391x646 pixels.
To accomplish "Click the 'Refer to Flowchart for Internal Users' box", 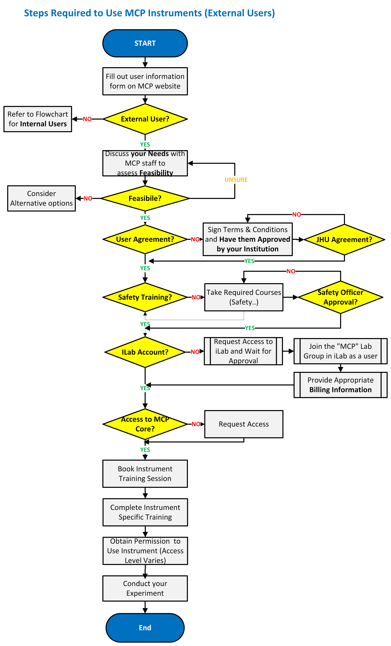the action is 38,119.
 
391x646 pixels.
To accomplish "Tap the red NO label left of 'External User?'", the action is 87,119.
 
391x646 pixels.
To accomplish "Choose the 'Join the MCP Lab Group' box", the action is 340,351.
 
